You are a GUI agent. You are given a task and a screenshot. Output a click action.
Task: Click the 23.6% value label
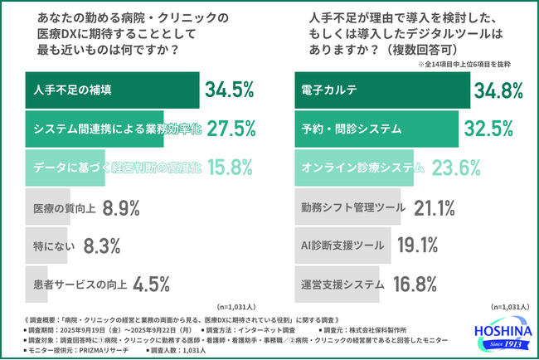click(454, 167)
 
